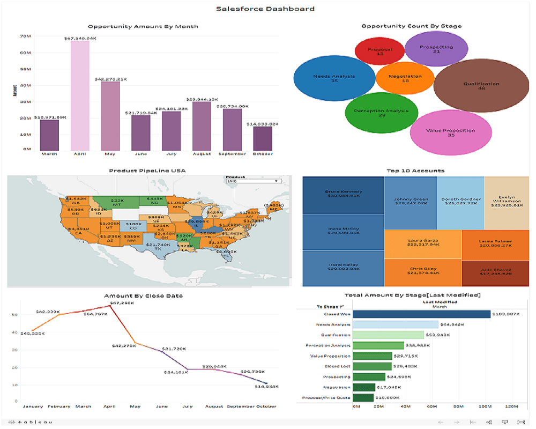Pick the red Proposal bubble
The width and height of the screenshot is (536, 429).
(379, 51)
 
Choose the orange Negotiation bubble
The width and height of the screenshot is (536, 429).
(405, 78)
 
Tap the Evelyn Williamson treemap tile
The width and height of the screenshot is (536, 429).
(507, 199)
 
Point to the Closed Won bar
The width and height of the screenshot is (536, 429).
(422, 314)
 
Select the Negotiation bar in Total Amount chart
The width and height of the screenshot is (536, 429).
(364, 387)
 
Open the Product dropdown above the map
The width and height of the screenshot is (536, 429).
(254, 181)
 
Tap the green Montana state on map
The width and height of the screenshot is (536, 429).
(116, 202)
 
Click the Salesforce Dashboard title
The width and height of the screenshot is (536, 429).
(265, 9)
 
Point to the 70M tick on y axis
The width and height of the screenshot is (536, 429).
(25, 36)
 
